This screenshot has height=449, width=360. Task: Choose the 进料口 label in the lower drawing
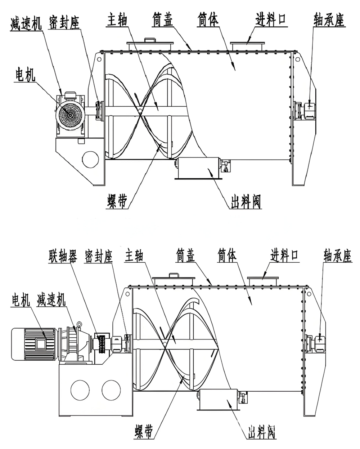pos(284,256)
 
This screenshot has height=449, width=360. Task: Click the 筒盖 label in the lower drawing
pos(186,256)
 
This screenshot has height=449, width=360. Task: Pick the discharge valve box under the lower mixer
pos(218,399)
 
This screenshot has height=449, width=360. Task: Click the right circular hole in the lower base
pos(111,390)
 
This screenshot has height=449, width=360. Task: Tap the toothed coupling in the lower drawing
pos(101,344)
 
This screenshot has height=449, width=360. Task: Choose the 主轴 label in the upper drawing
pos(117,20)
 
